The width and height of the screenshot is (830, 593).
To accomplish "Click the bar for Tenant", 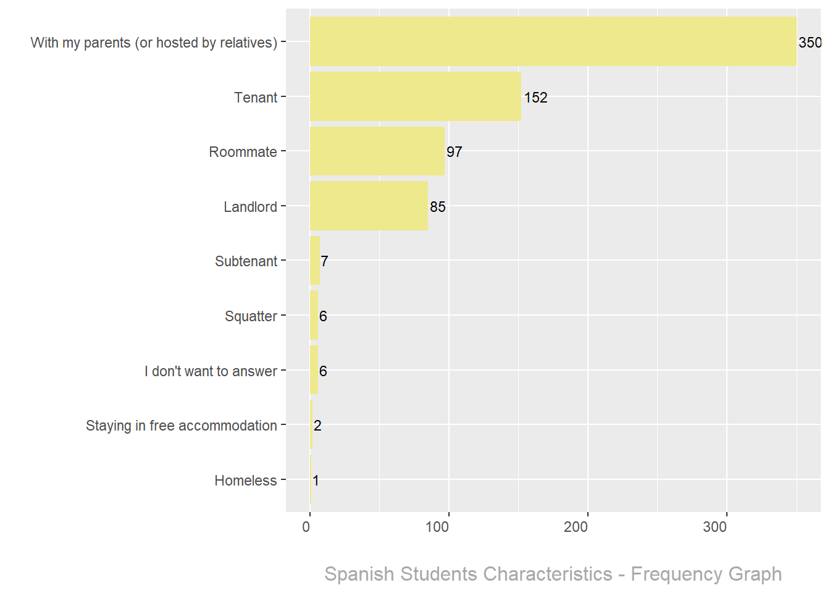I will coord(415,96).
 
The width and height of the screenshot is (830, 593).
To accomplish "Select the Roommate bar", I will coord(377,151).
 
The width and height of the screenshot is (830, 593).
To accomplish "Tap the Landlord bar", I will coord(369,206).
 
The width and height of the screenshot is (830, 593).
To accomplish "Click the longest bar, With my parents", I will coord(553,42).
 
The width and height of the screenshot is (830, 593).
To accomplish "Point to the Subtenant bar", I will coord(315,261).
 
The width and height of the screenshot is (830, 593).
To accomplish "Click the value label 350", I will coord(810,43).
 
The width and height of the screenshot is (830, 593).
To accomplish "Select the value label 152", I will coord(535,98).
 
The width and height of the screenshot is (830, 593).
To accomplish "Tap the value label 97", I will coord(454,152).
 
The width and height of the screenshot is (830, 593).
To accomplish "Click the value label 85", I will coord(437,207).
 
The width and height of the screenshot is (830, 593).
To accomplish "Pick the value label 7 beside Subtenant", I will coord(324,261).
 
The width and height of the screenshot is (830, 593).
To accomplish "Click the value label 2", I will coord(317,426).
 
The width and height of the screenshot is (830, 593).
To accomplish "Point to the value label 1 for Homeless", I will coord(316,481).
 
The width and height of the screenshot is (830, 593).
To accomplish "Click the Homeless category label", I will coord(245,481).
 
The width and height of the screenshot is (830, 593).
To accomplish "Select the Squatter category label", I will coord(251,316).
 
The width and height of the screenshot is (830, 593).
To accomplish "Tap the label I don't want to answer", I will coord(211,371).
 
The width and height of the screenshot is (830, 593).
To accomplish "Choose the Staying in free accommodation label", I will coord(181,426).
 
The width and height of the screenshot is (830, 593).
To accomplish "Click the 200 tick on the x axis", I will coord(576,527).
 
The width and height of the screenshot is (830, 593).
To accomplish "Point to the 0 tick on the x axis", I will coord(306,527).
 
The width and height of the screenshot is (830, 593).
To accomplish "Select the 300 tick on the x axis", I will coord(715,527).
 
